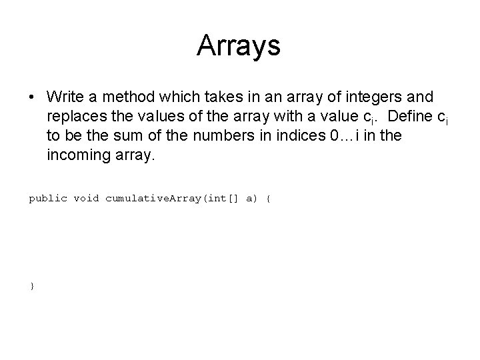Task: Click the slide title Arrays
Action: (x=239, y=46)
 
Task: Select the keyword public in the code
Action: (x=48, y=198)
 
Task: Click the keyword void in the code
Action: (x=87, y=198)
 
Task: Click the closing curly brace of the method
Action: (x=31, y=285)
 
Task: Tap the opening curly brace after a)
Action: (x=268, y=198)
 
